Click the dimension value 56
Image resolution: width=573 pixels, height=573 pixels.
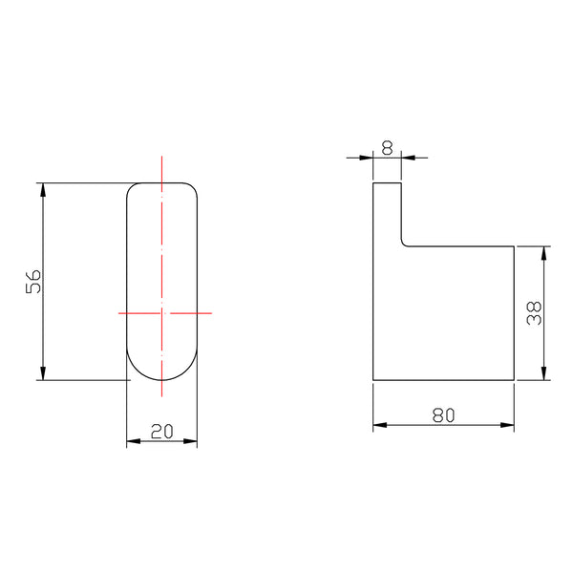(x=32, y=281)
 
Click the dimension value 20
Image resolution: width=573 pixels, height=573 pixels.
(x=161, y=431)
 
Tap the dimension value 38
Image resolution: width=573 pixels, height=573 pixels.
(x=536, y=313)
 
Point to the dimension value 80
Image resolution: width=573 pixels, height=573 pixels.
(x=443, y=414)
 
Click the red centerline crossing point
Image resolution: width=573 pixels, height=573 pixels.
(x=162, y=311)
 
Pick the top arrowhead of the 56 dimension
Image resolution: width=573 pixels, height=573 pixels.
(x=43, y=187)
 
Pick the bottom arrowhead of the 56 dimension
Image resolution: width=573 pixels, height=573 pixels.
(x=43, y=374)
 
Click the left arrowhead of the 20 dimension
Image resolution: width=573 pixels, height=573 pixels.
(x=132, y=441)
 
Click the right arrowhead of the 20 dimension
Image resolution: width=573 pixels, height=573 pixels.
(x=192, y=441)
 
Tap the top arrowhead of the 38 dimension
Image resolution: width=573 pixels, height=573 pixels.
(x=544, y=251)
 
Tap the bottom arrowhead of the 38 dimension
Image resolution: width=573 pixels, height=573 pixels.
(x=544, y=374)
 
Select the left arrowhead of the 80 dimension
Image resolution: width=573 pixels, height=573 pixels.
(x=378, y=425)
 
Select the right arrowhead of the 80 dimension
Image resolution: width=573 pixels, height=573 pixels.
(x=510, y=425)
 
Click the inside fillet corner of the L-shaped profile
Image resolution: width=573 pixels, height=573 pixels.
(x=404, y=243)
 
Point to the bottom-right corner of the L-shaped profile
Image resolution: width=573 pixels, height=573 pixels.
(x=516, y=380)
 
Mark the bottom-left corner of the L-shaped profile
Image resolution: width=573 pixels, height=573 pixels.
(x=372, y=380)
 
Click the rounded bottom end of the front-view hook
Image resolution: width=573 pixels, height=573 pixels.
(x=162, y=379)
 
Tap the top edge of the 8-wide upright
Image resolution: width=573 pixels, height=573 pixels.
(x=387, y=181)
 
